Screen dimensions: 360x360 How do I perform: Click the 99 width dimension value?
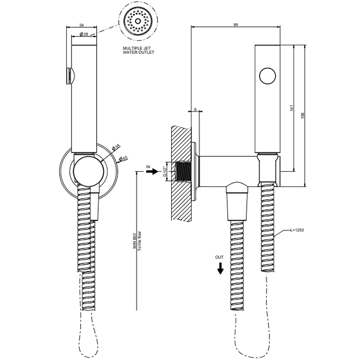point(236,25)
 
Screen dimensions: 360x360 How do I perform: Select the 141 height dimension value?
point(292,108)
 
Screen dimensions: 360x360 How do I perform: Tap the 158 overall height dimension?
point(302,116)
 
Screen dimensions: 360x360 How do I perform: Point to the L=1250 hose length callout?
point(297,230)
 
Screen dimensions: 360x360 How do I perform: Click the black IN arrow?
point(152,171)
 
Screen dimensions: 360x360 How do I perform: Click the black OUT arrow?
point(221,268)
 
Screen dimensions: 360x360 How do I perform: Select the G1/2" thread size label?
point(165,171)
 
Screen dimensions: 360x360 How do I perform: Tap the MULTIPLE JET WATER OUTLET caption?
point(138,50)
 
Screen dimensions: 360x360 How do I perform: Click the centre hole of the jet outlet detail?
point(138,21)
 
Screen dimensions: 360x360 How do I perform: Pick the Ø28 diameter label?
point(84,34)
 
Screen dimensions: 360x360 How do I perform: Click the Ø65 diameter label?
point(123,158)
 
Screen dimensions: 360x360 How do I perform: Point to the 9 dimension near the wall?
point(195,110)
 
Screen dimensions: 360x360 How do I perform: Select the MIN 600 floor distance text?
point(135,241)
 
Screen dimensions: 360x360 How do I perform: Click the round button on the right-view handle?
point(267,76)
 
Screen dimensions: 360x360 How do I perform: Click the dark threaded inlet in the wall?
point(183,171)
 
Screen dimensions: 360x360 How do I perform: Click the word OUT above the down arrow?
point(219,257)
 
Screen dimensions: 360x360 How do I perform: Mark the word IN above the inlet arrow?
point(148,167)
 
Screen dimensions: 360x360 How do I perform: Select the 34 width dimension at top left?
point(81,25)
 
